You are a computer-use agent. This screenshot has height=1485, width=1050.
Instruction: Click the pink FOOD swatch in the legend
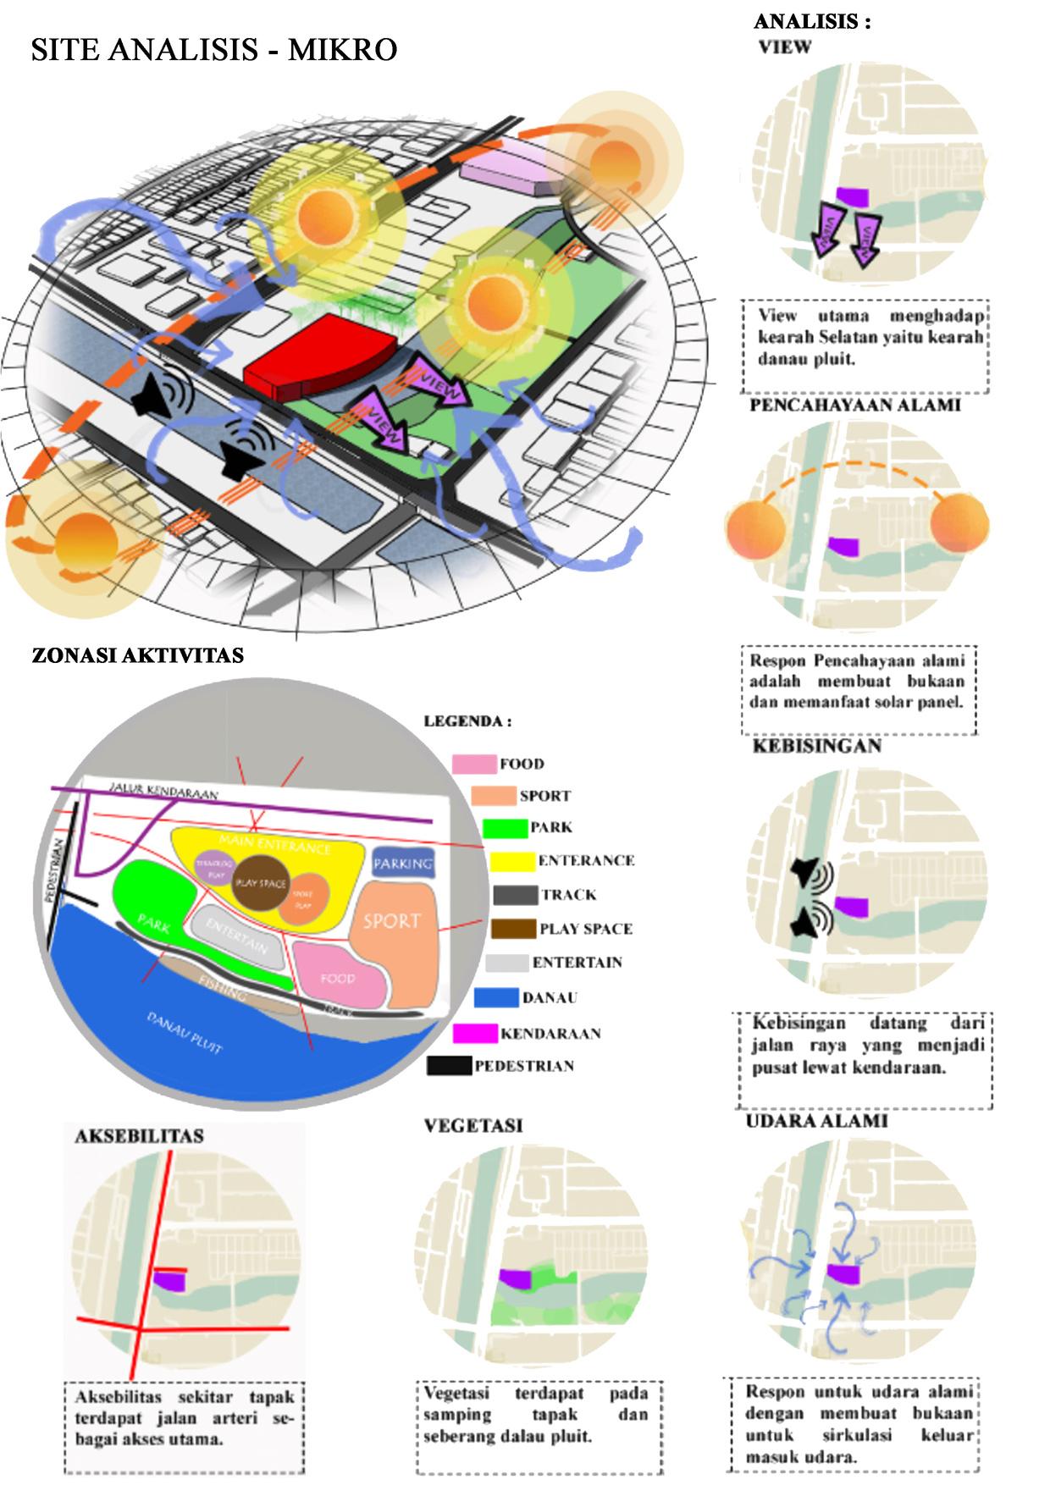473,764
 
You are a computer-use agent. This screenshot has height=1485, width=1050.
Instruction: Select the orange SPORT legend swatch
493,796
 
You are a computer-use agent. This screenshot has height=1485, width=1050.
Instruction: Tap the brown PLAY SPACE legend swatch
512,929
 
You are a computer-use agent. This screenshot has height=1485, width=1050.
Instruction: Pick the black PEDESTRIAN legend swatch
448,1066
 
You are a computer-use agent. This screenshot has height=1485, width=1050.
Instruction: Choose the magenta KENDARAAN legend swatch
474,1033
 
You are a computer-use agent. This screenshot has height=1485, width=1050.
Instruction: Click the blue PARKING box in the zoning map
403,864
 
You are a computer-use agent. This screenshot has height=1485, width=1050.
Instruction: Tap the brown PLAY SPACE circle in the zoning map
261,883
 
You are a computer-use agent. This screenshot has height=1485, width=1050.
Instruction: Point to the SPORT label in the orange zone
391,920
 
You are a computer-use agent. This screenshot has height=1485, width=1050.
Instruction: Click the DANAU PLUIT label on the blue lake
185,1033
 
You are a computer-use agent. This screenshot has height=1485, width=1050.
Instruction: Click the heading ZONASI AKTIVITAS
138,656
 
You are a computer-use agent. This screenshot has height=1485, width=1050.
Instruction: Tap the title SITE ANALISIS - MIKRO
214,50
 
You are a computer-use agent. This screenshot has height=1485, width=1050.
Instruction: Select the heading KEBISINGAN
816,746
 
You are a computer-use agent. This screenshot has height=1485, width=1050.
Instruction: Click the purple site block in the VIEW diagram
852,196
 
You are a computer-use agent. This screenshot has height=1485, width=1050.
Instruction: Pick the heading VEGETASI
472,1125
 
